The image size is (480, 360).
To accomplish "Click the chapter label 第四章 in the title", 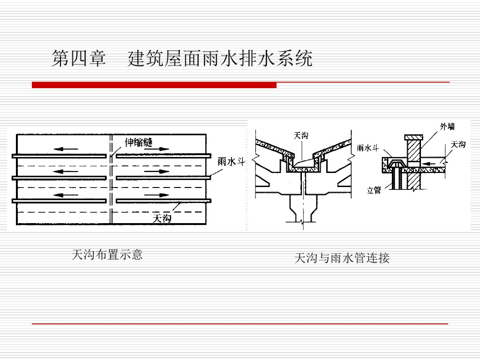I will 79,60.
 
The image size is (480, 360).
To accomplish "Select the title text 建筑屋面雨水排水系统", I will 220,60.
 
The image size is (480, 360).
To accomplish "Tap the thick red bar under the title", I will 154,85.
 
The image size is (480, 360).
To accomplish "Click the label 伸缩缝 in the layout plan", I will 139,142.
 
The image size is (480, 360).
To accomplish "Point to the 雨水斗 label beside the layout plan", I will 232,162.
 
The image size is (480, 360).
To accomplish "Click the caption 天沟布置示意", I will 107,255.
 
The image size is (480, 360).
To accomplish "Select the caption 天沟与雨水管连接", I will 342,258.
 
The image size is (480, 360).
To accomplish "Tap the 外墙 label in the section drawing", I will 447,126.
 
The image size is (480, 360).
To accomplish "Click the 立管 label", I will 374,190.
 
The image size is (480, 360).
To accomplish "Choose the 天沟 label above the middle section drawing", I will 301,135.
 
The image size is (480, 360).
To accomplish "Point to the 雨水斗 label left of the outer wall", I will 367,148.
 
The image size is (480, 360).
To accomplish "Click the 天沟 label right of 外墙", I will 458,144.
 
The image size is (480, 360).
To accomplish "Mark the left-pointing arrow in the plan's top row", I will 66,149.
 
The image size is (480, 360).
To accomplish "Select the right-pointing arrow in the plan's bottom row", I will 157,195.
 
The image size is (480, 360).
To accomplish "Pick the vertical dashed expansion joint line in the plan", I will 112,187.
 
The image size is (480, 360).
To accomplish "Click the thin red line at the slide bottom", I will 240,324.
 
